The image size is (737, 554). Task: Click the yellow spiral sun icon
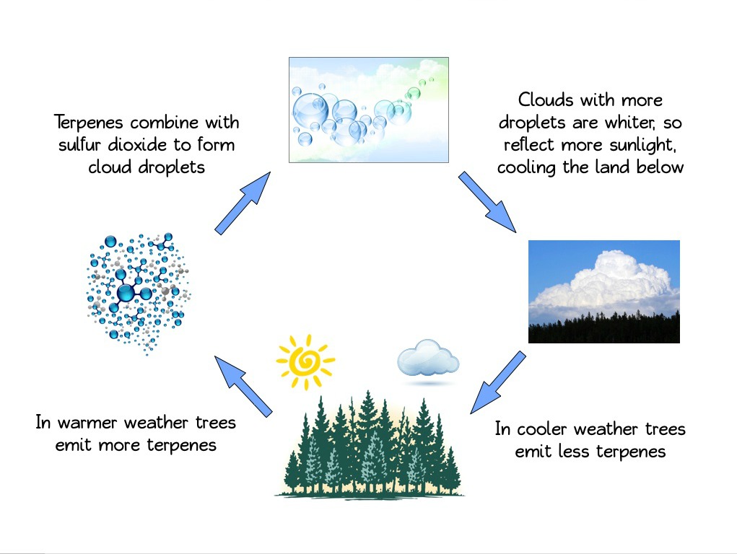tap(305, 362)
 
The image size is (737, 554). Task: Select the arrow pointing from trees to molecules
tap(243, 386)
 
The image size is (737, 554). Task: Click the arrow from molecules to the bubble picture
tap(243, 203)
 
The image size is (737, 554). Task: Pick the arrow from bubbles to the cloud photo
tap(487, 202)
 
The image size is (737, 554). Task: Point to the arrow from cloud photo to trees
tap(498, 382)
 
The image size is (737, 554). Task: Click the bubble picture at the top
tap(368, 110)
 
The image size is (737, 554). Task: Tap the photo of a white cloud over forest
tap(604, 292)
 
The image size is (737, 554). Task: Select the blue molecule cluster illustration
tap(138, 293)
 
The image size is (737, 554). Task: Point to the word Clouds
tap(546, 100)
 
